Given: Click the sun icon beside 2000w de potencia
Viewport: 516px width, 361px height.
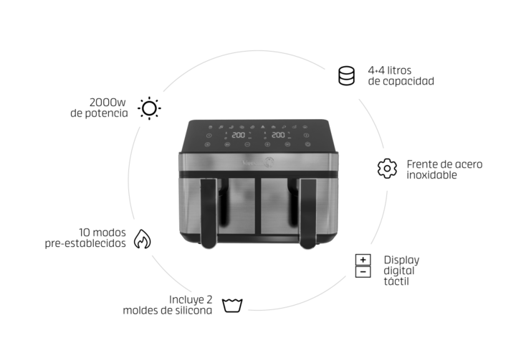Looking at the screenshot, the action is click(149, 108).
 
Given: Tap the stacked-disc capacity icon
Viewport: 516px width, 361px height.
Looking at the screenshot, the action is click(347, 75).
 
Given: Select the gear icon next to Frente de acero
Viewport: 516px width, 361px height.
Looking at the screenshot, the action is click(387, 169).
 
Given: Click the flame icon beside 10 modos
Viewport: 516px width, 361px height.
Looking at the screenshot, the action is click(142, 239).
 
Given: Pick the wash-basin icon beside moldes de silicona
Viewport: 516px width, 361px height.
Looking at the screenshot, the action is click(232, 305).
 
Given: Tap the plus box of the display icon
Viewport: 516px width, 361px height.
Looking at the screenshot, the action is click(363, 260).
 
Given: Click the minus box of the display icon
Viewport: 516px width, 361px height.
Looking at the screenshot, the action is click(363, 272).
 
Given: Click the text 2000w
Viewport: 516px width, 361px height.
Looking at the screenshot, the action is click(107, 103).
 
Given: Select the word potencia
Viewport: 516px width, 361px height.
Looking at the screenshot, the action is click(106, 113).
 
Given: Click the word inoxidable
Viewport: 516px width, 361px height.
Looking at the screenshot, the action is click(431, 174).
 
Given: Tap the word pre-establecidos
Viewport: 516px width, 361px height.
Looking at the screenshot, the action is click(85, 243).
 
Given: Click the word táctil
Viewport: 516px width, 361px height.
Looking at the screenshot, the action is click(396, 281).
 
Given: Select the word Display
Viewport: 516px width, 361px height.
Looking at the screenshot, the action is click(401, 260).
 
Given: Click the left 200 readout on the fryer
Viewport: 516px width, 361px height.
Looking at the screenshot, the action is click(238, 135).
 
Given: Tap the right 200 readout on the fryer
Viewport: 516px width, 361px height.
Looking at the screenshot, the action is click(278, 134).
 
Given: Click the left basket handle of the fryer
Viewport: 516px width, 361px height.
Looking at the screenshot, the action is click(209, 213).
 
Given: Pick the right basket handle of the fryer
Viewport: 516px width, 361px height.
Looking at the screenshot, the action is click(307, 213).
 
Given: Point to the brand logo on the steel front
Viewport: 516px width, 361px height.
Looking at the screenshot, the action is click(258, 162).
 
